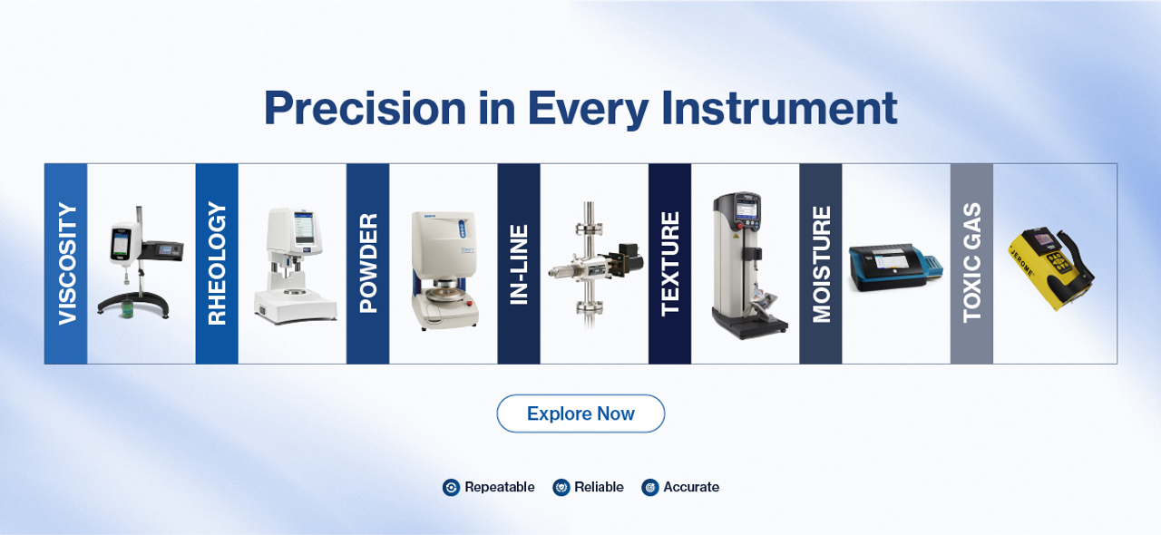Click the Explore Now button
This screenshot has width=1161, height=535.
point(580,413)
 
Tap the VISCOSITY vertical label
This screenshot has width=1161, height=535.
point(67,264)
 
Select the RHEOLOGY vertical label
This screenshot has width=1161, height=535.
point(217,263)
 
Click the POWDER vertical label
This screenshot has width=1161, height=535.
point(368,263)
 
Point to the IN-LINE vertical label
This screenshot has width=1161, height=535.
point(519,265)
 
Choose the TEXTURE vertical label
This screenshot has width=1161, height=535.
point(669,264)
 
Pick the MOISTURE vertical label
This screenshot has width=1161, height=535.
point(821,265)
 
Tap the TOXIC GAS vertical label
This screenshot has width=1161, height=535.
point(971,263)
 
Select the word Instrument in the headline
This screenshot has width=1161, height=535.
point(779,108)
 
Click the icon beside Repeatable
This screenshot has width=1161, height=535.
point(451,487)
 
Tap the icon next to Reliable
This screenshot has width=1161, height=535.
point(561,487)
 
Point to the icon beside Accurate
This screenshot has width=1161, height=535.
point(650,487)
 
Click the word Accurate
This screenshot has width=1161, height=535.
point(691,487)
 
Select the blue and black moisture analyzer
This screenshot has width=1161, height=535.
point(895,267)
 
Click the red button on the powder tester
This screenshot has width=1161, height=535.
point(470,304)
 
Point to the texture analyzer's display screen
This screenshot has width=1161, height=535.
point(746,210)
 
